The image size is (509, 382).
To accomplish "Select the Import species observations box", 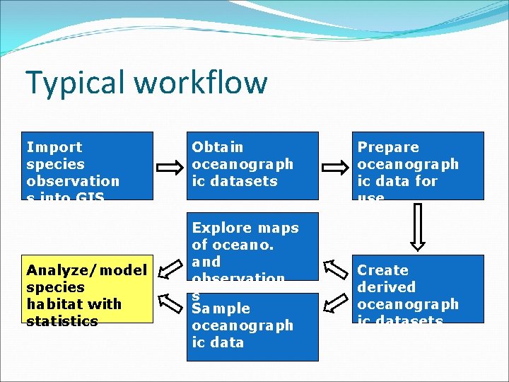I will coord(88,166).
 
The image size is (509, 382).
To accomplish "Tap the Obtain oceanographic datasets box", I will coord(252,166).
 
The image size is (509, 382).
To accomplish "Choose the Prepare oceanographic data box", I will coord(418,166).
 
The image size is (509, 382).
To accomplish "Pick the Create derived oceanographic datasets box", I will coord(418,289).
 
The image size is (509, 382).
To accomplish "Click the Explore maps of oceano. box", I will coord(252,245).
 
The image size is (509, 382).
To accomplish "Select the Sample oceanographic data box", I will coord(252,327).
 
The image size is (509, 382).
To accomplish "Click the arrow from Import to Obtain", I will coord(170,168).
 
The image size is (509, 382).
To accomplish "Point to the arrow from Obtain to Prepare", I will coord(335,168).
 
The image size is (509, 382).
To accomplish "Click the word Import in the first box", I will coord(54,147).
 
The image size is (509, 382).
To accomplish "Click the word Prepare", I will coord(388,147).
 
